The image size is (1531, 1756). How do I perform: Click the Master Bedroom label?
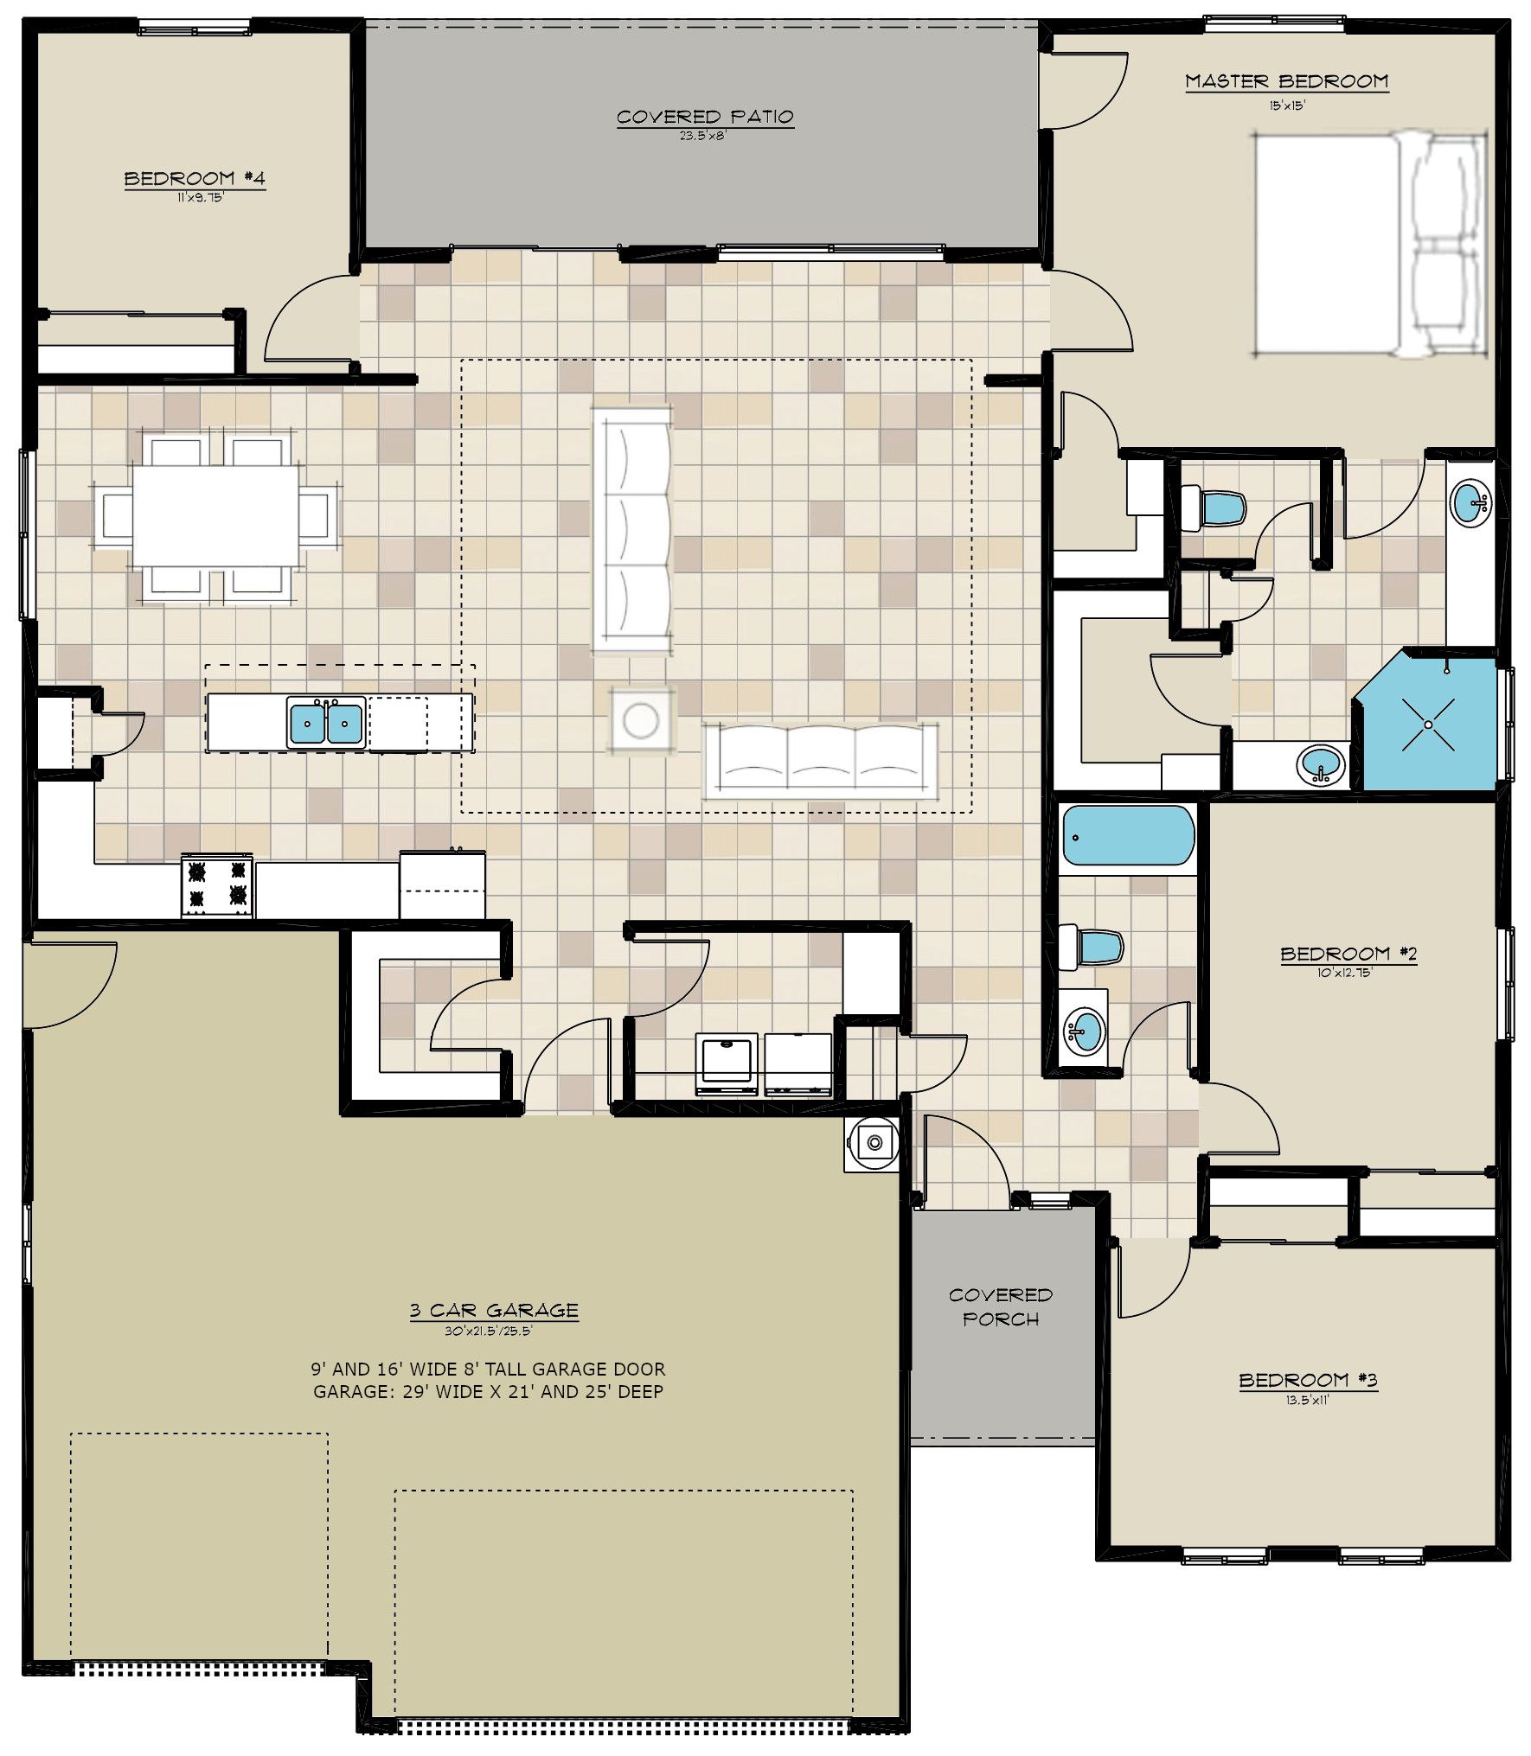[x=1286, y=81]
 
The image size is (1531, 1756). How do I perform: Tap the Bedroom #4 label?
[x=195, y=179]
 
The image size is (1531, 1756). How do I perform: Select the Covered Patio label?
[x=705, y=117]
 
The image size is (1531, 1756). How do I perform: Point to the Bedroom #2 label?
[x=1348, y=954]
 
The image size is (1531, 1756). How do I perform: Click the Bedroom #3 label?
[x=1308, y=1380]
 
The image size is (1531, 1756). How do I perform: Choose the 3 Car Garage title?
[x=494, y=1310]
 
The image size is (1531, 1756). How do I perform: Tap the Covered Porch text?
[x=1001, y=1307]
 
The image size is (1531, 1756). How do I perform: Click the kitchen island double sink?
[x=326, y=723]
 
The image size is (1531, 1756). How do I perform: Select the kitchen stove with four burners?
[x=217, y=885]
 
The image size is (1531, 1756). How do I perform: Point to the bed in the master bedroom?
[x=1368, y=244]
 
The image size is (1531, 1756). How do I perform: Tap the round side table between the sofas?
[x=641, y=720]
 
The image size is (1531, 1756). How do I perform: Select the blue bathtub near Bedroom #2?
[x=1128, y=835]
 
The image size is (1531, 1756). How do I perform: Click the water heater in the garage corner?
[x=874, y=1144]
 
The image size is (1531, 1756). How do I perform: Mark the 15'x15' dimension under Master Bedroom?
[x=1287, y=106]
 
